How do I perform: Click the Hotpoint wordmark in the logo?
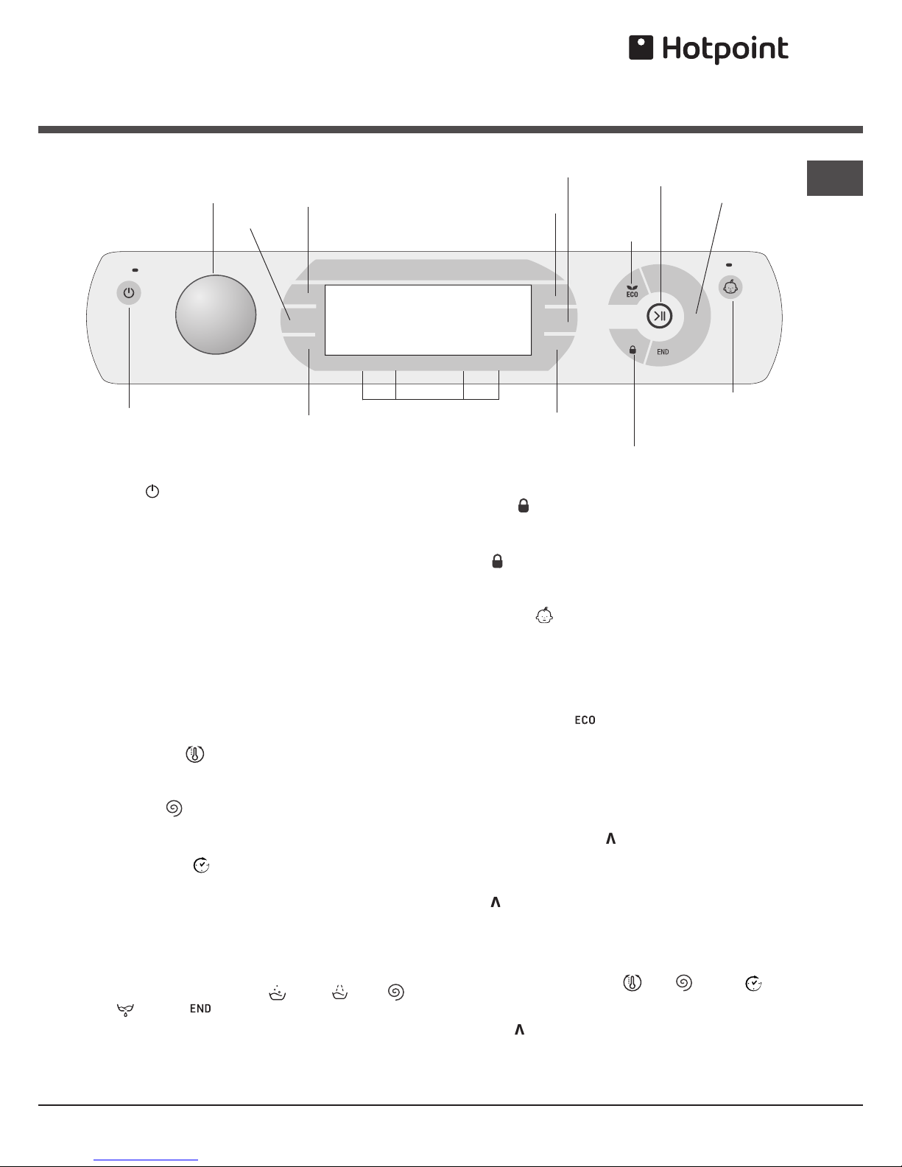point(725,49)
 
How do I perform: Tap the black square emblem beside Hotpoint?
point(641,47)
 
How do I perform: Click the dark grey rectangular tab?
point(834,177)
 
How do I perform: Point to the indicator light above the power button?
point(135,270)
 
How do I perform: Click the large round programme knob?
point(216,314)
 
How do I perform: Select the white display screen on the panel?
point(428,320)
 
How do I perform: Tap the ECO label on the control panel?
point(632,295)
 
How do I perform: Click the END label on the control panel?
point(663,352)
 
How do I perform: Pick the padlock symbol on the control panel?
point(633,350)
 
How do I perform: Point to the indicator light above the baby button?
point(728,265)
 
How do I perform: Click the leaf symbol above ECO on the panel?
point(632,288)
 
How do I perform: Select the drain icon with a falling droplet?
point(125,1010)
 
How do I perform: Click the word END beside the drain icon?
point(200,1009)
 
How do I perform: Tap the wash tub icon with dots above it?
point(277,993)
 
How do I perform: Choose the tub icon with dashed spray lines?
point(340,992)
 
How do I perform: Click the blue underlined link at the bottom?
point(146,1160)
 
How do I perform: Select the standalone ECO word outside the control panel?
point(585,720)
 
